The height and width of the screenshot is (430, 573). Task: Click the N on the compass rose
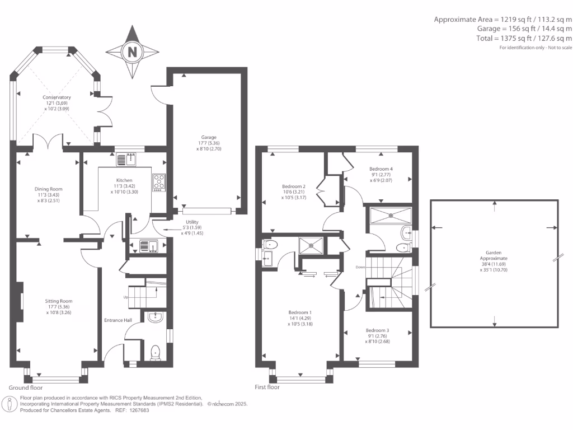[x=132, y=52]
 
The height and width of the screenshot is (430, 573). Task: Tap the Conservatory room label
[x=57, y=97]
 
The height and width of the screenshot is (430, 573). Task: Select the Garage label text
[x=209, y=138]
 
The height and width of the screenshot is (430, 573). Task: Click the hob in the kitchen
[x=159, y=183]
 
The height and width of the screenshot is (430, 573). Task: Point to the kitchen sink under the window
[x=126, y=160]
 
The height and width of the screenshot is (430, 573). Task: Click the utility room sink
[x=148, y=246]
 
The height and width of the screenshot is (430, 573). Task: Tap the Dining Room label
[x=48, y=189]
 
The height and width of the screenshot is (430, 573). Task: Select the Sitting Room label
[x=58, y=301]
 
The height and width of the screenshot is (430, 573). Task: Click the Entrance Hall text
[x=118, y=320]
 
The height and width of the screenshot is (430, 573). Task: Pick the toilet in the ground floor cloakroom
[x=156, y=353]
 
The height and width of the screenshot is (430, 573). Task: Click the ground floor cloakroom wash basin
[x=156, y=317]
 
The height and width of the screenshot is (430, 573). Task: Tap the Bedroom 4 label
[x=381, y=169]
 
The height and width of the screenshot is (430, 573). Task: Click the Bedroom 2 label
[x=294, y=186]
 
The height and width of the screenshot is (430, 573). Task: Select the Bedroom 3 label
[x=378, y=330]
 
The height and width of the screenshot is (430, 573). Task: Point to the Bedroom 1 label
[x=300, y=312]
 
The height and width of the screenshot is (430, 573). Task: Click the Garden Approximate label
[x=494, y=255]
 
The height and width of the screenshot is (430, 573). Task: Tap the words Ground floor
[x=26, y=387]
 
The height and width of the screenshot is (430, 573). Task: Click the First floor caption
[x=267, y=387]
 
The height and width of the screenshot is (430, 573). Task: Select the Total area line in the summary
[x=524, y=38]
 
